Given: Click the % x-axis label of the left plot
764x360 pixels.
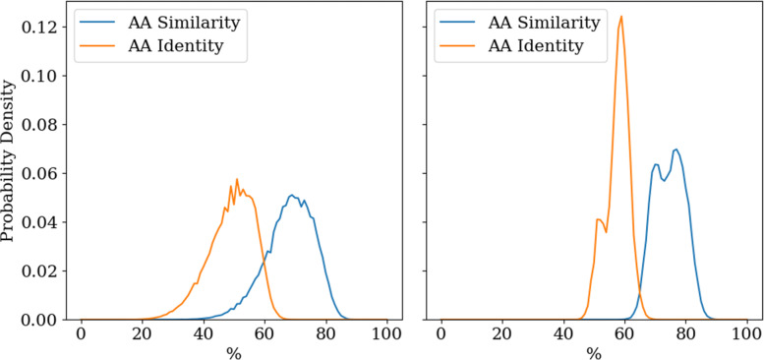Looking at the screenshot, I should pyautogui.click(x=234, y=351).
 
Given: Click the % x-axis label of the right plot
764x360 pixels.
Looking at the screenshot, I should pyautogui.click(x=594, y=351).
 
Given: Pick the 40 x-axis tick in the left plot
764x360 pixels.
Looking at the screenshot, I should pyautogui.click(x=204, y=334).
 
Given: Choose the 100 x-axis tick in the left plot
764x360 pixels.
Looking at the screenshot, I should pyautogui.click(x=386, y=334).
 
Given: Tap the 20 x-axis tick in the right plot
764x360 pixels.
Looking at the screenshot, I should pyautogui.click(x=502, y=334).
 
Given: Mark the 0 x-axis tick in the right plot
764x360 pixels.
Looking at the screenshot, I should pyautogui.click(x=441, y=334).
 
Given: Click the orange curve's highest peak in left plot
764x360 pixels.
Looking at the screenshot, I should pyautogui.click(x=237, y=179).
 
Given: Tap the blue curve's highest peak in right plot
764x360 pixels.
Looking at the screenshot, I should pyautogui.click(x=676, y=150).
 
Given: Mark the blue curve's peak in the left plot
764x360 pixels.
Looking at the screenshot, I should pyautogui.click(x=293, y=195).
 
